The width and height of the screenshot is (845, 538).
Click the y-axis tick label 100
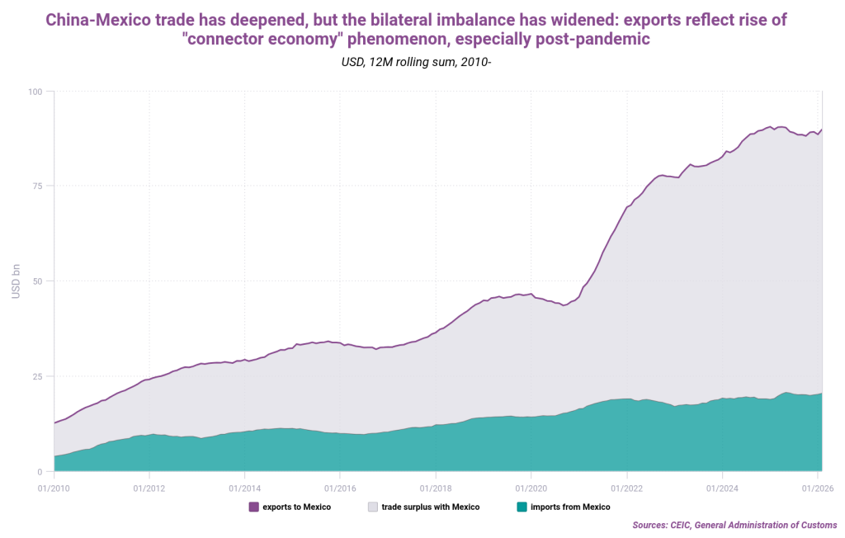coord(35,91)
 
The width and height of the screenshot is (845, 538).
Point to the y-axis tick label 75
coord(38,186)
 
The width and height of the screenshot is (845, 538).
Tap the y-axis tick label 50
coord(38,281)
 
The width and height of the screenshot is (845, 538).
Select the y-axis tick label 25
coord(38,376)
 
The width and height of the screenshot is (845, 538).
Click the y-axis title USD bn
coord(16,281)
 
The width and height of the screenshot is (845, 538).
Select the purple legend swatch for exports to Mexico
coord(253,507)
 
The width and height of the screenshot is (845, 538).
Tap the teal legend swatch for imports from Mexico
coord(521,507)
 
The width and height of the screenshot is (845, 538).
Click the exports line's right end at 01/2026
coord(822,130)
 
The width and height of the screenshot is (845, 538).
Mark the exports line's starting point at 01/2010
coord(54,422)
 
